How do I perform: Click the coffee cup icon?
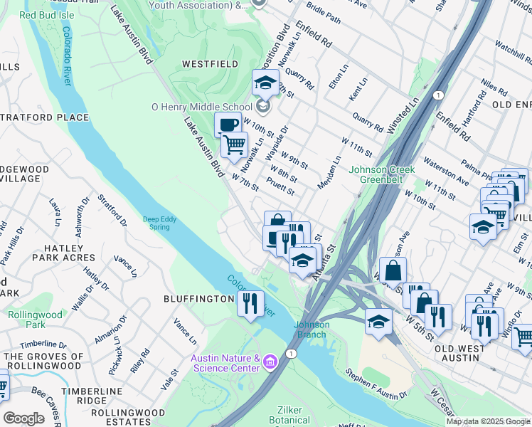pyautogui.click(x=228, y=125)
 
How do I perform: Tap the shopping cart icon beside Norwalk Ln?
pyautogui.click(x=234, y=145)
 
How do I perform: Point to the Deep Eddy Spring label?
pyautogui.click(x=156, y=223)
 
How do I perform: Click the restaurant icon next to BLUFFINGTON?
pyautogui.click(x=250, y=303)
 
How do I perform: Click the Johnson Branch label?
pyautogui.click(x=312, y=330)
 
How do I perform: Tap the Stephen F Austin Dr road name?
pyautogui.click(x=376, y=382)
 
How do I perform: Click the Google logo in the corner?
pyautogui.click(x=23, y=418)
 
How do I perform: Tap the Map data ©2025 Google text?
pyautogui.click(x=488, y=422)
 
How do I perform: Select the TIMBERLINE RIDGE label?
pyautogui.click(x=93, y=396)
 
